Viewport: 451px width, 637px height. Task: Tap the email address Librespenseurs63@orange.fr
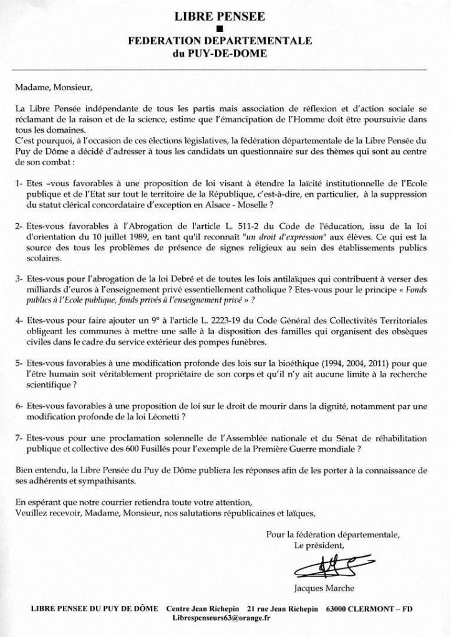tap(221, 618)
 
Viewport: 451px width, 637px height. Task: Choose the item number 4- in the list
tap(19, 320)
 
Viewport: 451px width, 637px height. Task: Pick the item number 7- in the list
tap(19, 438)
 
